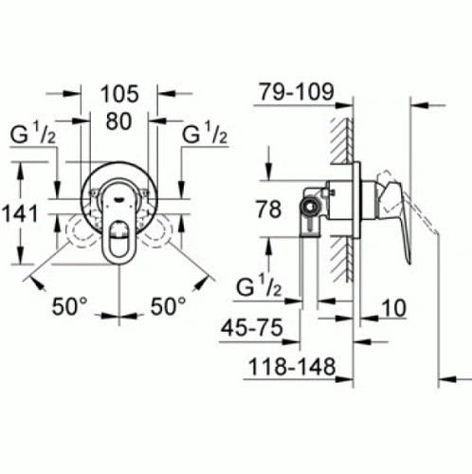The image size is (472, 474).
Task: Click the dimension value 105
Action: coord(119,93)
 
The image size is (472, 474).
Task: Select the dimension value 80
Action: coord(119,121)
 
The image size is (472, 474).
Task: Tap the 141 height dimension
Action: coord(20,213)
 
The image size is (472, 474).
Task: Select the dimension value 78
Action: coord(269,210)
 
